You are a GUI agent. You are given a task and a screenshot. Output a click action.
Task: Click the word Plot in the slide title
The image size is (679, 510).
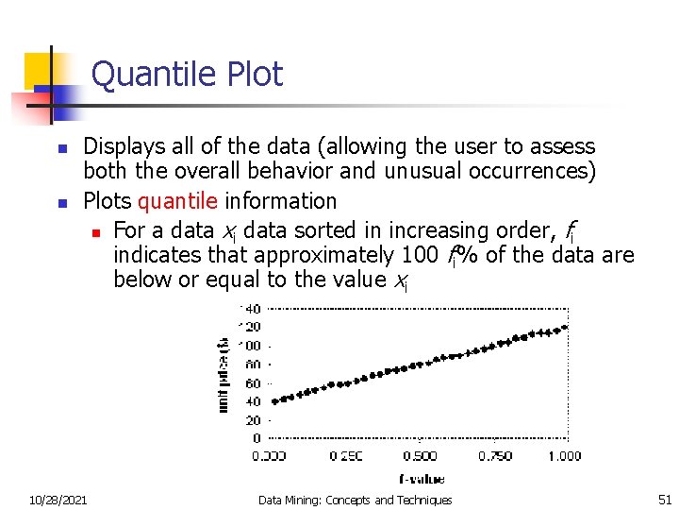[x=254, y=74]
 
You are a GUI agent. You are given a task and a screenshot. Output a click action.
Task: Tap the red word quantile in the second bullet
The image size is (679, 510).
[x=178, y=201]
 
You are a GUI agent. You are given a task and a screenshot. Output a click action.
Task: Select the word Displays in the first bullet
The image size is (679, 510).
[x=123, y=146]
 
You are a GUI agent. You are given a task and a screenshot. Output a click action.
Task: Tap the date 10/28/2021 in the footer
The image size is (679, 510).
[x=58, y=500]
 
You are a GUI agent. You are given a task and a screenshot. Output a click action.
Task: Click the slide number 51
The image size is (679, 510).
[x=663, y=500]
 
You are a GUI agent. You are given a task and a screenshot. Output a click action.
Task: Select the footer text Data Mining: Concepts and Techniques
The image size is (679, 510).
[x=355, y=500]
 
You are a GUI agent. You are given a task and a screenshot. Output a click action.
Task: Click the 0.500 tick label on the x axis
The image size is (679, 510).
[x=418, y=456]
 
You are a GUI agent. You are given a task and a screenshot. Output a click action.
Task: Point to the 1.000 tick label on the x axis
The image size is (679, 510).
[x=563, y=456]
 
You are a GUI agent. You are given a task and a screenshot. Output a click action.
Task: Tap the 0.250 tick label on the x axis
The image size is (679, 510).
[x=345, y=456]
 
